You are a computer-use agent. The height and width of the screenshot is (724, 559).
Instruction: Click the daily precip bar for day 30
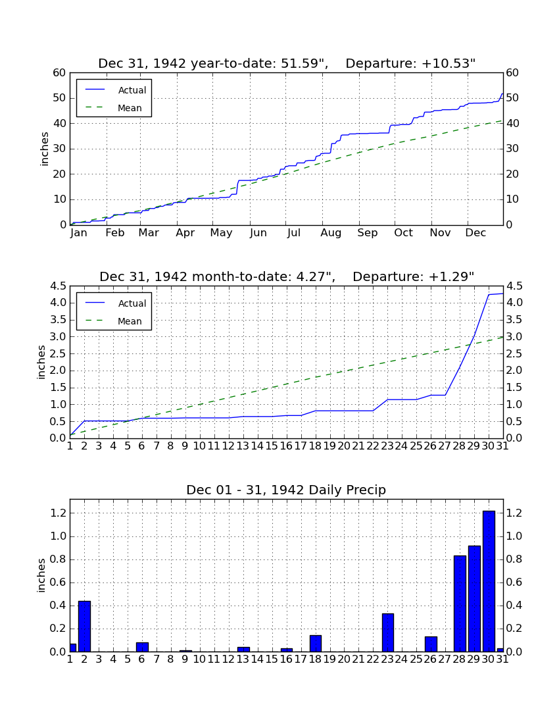point(489,581)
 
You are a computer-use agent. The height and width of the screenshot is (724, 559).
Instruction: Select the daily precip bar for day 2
point(84,626)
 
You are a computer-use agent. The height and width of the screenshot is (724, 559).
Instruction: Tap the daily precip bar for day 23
point(388,633)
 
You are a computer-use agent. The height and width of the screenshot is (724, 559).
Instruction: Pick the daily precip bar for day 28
point(460,604)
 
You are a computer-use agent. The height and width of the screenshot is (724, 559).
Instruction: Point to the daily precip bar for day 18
point(316,644)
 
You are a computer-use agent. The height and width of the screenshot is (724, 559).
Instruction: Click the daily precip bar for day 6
point(142,647)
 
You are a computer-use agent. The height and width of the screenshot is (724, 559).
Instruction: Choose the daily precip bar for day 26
point(431,644)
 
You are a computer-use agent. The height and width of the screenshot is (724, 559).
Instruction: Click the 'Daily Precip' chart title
point(286,490)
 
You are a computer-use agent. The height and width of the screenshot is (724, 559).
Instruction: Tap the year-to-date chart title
point(287,63)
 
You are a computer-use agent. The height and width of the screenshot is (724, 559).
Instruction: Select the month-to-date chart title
point(287,276)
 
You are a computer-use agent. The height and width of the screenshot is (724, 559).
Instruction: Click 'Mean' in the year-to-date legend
point(130,108)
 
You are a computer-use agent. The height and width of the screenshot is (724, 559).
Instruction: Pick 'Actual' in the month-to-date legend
point(132,303)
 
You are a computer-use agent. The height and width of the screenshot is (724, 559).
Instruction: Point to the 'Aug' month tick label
point(331,233)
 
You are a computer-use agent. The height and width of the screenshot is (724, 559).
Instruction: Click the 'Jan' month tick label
point(79,233)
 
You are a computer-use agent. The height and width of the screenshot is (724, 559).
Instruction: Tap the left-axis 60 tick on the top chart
point(60,73)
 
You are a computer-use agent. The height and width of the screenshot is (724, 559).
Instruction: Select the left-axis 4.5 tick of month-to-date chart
point(58,286)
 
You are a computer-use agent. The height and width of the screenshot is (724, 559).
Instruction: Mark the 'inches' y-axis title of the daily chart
point(41,575)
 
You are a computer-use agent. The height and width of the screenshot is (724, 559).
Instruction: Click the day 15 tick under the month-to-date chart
point(272,446)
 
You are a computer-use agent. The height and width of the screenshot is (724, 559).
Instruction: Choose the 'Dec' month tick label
point(475,233)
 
